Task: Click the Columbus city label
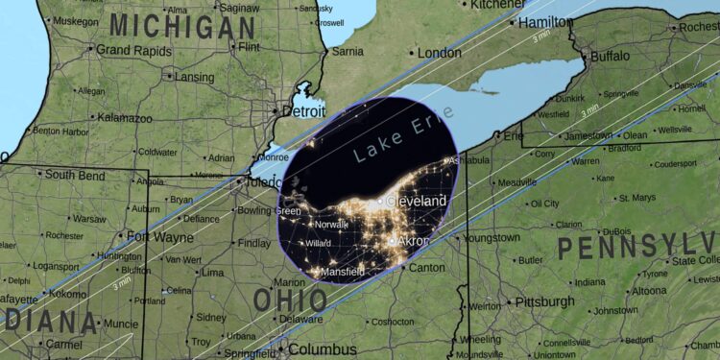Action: point(323,349)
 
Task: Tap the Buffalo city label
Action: point(610,57)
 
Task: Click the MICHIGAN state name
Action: point(182,28)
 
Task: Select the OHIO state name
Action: point(289,300)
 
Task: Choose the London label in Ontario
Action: point(439,53)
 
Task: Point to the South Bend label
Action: point(73,175)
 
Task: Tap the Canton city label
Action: point(426,267)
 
